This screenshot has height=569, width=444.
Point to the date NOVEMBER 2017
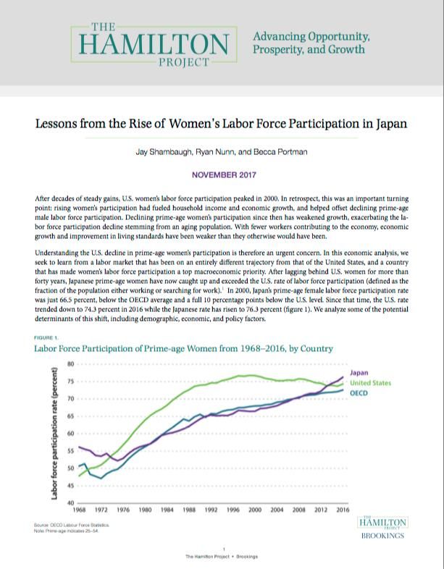[x=222, y=174]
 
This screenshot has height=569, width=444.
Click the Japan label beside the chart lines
[x=360, y=372]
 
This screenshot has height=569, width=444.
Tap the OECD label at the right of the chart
[x=359, y=392]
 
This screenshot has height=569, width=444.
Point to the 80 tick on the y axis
[x=70, y=363]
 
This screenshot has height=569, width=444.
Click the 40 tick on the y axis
[x=70, y=502]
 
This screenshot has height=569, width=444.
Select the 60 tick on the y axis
[x=70, y=433]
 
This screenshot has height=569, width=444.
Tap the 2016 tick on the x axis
[x=343, y=510]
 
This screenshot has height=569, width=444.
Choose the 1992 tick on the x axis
[x=211, y=510]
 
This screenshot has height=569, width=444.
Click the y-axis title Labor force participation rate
[x=54, y=434]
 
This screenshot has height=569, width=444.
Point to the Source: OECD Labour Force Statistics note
[x=71, y=524]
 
